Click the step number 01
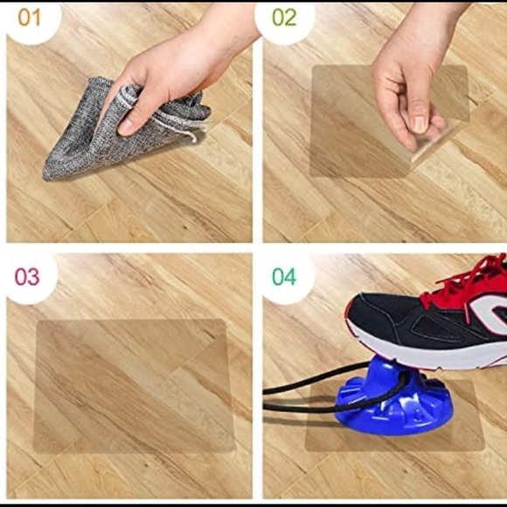tap(29, 17)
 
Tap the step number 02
tap(284, 17)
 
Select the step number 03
tap(27, 277)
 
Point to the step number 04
tap(284, 277)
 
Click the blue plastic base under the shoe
tap(392, 401)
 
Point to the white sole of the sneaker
tap(427, 352)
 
